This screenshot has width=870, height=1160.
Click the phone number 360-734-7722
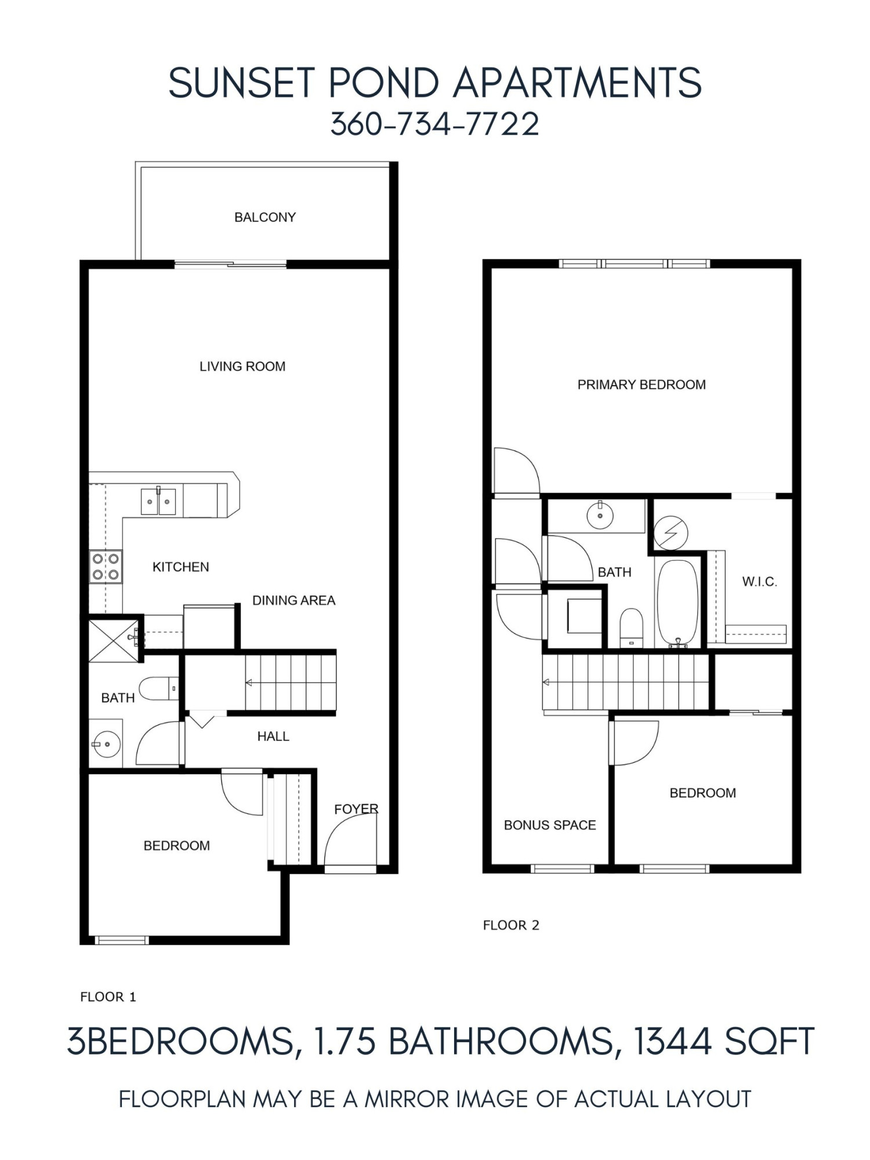coord(434,125)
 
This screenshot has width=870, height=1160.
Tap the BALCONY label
coord(265,217)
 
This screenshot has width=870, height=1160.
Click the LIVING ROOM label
coord(242,367)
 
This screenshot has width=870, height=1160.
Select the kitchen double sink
coord(158,501)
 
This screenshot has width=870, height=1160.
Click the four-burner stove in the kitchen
coord(106,567)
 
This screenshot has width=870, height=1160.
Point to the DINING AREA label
coord(293,600)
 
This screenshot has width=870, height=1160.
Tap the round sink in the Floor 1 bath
coord(106,744)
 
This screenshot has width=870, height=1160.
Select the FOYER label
coord(356,809)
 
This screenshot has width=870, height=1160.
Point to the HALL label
coord(273,737)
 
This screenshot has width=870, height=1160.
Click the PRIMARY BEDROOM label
coord(641,385)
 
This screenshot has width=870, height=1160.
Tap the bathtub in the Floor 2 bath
coord(677,603)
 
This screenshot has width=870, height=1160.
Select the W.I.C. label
coord(759,581)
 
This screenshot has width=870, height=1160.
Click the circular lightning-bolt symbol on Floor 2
coord(670,532)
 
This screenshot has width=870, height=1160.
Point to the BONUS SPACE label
coord(550,825)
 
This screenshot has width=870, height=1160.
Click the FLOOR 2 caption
coord(511,925)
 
